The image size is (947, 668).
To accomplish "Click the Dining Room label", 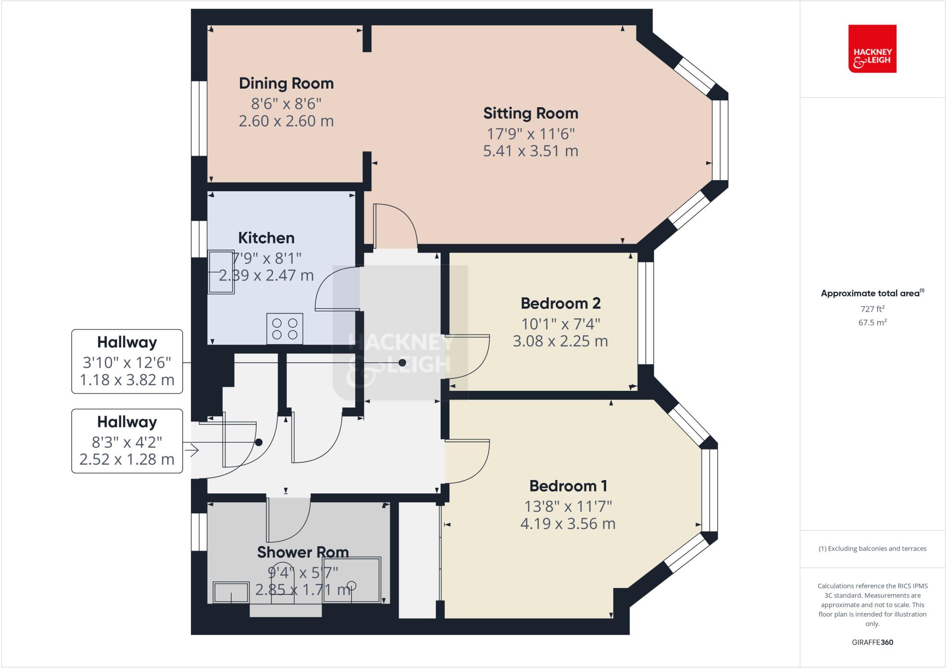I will (286, 84).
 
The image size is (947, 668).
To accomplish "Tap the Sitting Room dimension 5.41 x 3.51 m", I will (530, 151).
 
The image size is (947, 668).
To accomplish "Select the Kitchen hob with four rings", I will (284, 328).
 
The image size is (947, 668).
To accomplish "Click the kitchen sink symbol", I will (221, 272).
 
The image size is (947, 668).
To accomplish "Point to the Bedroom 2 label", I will (560, 304).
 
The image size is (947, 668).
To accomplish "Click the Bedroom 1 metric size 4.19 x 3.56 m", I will (567, 524).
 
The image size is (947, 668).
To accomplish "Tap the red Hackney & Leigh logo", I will (872, 49).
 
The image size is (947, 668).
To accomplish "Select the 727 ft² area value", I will (872, 309).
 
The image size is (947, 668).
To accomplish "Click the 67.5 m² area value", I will (872, 322).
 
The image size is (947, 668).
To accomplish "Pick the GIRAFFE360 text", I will (872, 642).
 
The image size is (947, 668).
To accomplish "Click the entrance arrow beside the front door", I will (191, 449).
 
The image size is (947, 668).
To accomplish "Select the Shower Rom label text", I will (302, 552).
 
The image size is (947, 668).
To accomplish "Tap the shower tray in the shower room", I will (352, 580).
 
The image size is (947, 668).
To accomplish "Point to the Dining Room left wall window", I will (199, 119).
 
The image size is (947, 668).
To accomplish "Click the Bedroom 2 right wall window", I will (646, 313).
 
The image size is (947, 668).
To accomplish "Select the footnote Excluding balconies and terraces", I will (872, 549).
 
